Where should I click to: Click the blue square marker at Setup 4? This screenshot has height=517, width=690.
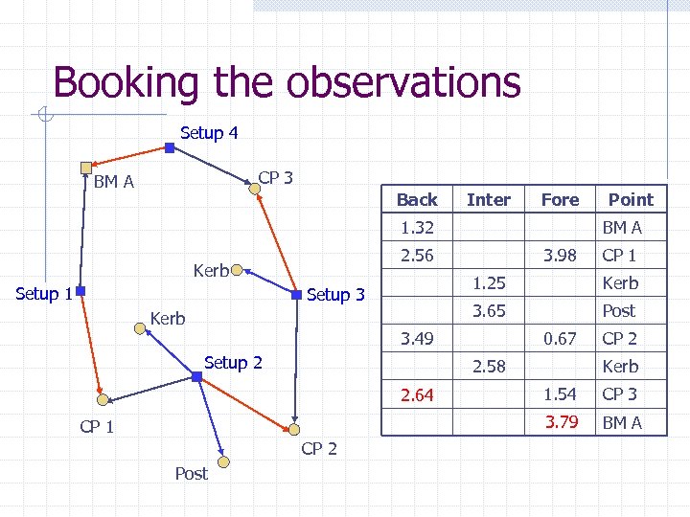click(169, 148)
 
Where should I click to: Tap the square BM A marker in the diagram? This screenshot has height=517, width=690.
click(86, 167)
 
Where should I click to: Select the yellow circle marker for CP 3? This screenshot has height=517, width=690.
click(254, 190)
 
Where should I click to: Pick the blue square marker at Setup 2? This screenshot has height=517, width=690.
click(196, 377)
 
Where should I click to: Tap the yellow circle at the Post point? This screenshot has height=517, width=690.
click(222, 463)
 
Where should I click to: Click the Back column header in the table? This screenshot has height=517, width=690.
click(417, 200)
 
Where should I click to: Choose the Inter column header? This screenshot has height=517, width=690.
click(488, 200)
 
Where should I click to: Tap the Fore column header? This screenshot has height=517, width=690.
click(560, 200)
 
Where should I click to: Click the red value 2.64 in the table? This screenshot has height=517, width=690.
click(417, 394)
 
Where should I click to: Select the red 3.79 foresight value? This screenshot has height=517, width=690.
click(562, 422)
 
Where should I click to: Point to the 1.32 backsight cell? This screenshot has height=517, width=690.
click(417, 228)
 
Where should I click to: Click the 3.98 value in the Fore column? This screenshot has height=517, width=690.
click(561, 256)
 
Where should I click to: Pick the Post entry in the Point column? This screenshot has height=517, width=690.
click(618, 311)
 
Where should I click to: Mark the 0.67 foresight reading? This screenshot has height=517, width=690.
click(561, 339)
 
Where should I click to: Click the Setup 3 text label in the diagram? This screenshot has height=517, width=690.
click(335, 295)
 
